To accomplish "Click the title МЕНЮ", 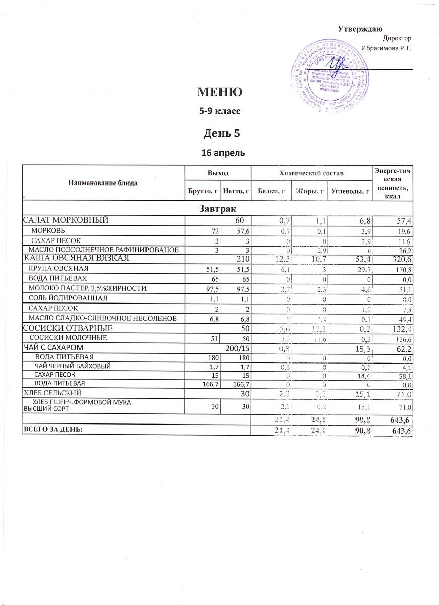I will pyautogui.click(x=219, y=92).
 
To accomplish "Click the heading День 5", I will pyautogui.click(x=219, y=133).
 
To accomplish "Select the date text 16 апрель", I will pyautogui.click(x=219, y=153).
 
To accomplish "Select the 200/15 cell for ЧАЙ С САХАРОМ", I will pyautogui.click(x=237, y=348).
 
